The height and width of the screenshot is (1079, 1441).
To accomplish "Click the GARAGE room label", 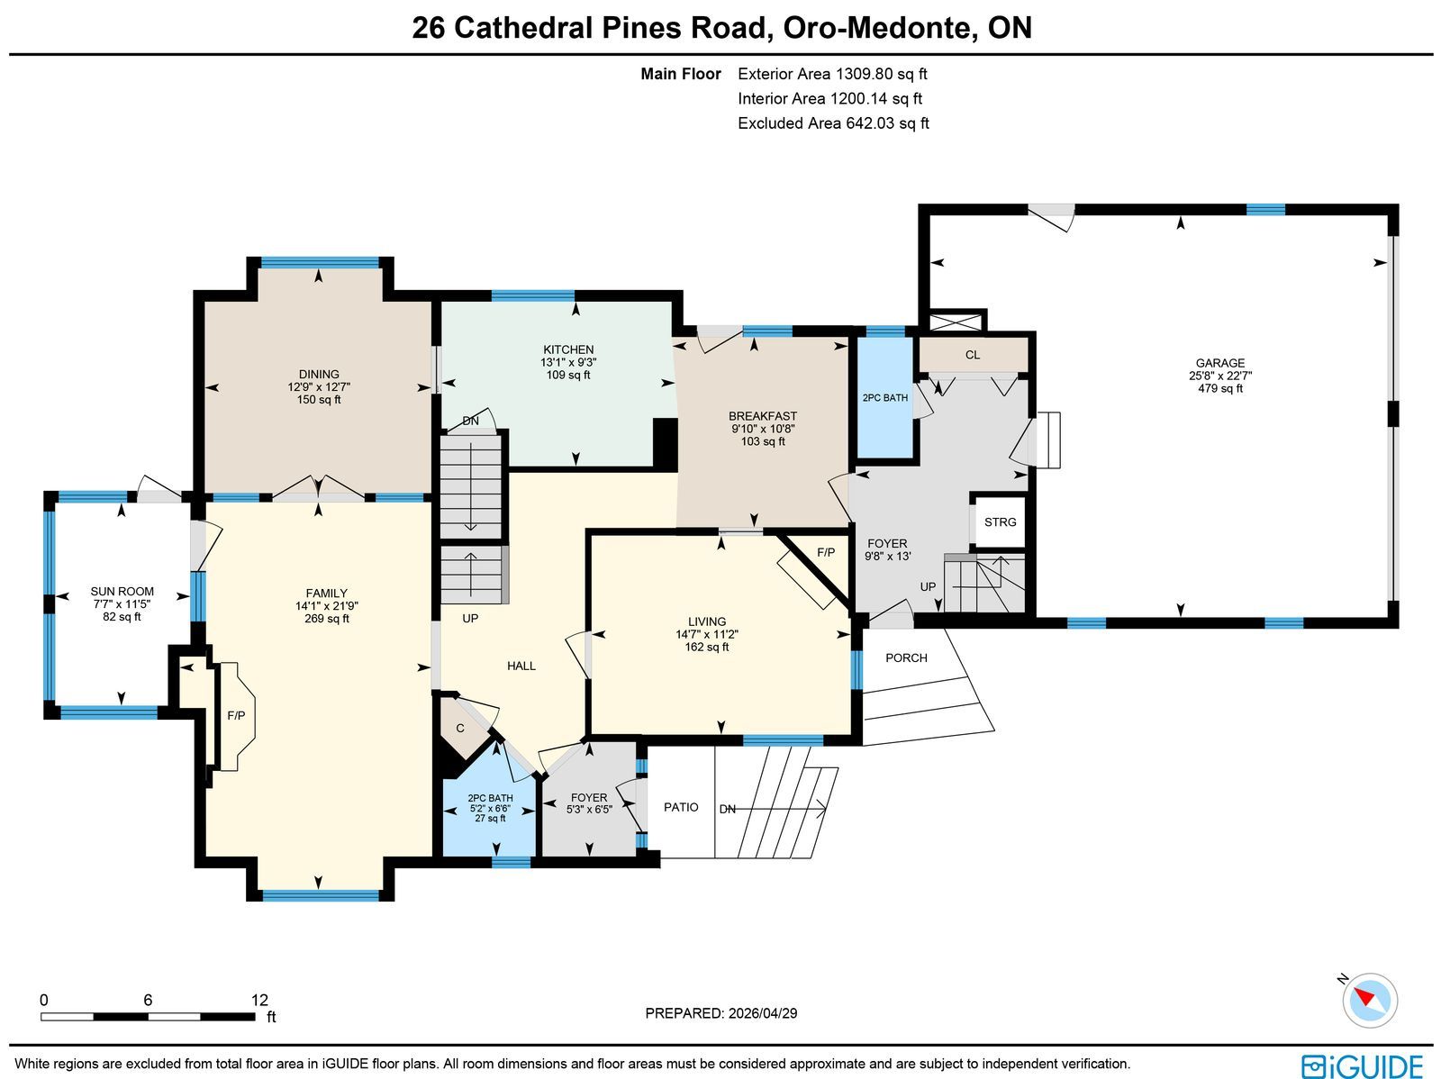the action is pos(1219,363).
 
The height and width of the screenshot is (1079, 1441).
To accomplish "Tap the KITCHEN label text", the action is pos(568,349).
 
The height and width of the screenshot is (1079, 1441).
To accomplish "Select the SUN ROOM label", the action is pos(122,592).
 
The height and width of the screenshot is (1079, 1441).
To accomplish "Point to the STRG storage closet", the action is pos(1000,521).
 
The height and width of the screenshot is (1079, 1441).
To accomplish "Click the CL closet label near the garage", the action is pos(973,355).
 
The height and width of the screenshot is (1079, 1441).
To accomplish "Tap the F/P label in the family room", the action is pos(236,715).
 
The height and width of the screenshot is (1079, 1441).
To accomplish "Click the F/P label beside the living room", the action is pos(826,553).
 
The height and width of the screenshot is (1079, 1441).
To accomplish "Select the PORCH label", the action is pos(906,657).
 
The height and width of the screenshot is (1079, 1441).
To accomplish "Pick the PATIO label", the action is pos(681,807).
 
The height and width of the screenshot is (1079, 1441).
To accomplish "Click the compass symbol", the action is pos(1370,1001).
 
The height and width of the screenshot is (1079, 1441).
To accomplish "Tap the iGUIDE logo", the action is pos(1363,1065).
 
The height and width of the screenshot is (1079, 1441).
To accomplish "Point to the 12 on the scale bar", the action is pos(260,1000).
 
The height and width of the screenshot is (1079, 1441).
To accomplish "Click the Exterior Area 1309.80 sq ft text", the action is pos(832,74).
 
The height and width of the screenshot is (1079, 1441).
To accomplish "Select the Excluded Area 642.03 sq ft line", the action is pos(833,123).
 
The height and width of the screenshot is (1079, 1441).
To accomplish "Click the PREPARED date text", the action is pos(720,1013).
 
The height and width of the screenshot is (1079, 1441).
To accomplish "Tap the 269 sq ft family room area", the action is pos(326,618).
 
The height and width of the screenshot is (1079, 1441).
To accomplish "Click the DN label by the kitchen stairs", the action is pos(471,421).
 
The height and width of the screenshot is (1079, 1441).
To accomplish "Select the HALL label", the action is pos(521,666).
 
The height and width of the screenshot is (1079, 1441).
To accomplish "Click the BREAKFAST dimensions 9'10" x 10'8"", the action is pos(763,429).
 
